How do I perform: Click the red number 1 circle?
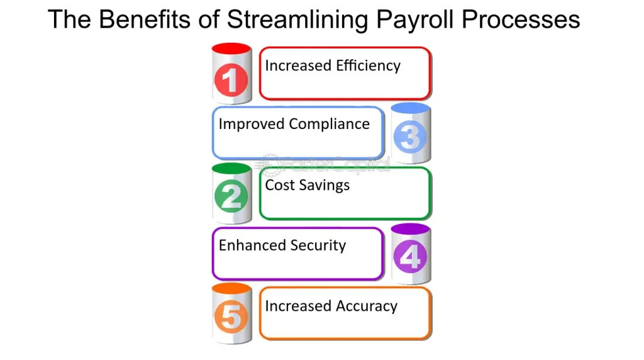(x=231, y=80)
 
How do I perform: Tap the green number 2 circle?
(x=231, y=196)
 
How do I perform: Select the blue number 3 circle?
(x=410, y=137)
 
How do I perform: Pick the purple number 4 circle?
(x=410, y=256)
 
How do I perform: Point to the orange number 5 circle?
(x=231, y=317)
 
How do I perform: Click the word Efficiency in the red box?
(x=368, y=65)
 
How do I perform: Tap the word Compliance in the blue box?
(x=329, y=124)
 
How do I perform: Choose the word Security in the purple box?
(x=318, y=245)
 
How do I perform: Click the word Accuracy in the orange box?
(x=367, y=306)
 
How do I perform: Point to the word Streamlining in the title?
(x=297, y=20)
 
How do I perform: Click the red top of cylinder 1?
(x=231, y=48)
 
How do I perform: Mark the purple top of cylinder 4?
(x=411, y=229)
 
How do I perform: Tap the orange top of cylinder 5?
(x=231, y=288)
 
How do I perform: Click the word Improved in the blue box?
(x=252, y=124)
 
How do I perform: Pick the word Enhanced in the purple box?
(x=252, y=245)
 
